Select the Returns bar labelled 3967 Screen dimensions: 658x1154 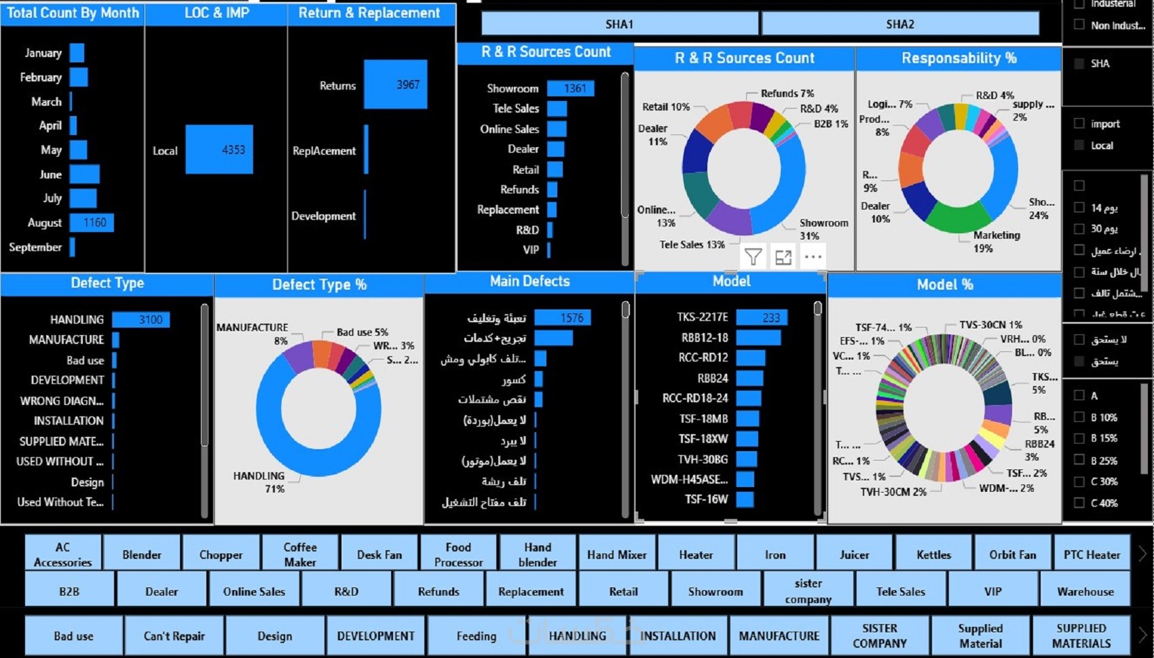(x=395, y=85)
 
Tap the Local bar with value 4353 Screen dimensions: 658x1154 (x=219, y=149)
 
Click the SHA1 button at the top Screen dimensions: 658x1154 (x=619, y=24)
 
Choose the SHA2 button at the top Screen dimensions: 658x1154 (x=899, y=24)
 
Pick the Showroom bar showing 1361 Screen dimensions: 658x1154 (x=570, y=88)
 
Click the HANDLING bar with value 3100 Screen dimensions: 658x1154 (x=141, y=320)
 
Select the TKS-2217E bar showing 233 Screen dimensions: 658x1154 (x=761, y=317)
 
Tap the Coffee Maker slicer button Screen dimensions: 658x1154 (x=300, y=554)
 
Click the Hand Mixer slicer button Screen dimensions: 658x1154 (x=616, y=554)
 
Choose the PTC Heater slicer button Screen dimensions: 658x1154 (x=1092, y=554)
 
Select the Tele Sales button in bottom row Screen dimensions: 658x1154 (x=900, y=591)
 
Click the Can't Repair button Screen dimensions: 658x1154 (x=174, y=636)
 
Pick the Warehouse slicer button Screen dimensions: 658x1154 (x=1085, y=591)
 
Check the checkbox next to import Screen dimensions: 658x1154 (x=1079, y=123)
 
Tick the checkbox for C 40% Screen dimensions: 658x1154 (x=1079, y=503)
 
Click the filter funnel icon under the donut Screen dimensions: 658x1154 (x=753, y=256)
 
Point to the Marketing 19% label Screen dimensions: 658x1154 (x=996, y=241)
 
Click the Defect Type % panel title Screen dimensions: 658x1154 (x=319, y=285)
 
